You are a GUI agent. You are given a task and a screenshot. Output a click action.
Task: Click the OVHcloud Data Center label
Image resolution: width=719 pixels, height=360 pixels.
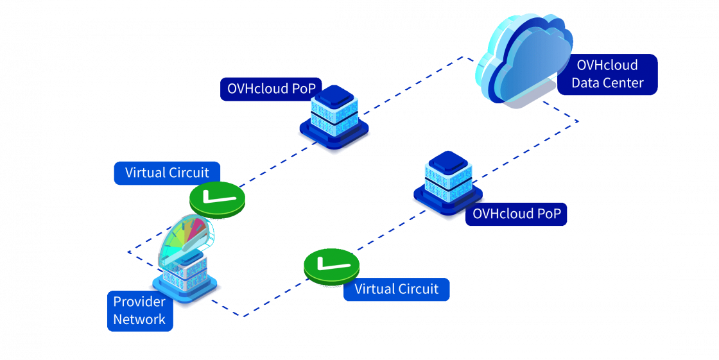pos(607,74)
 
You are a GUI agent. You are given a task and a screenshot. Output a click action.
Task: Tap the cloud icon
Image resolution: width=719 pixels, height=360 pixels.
pos(523,61)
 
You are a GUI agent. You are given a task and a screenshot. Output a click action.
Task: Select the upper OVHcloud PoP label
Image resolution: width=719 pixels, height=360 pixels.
pos(271,89)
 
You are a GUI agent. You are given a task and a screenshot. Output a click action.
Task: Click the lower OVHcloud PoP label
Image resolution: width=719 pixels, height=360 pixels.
pos(516,214)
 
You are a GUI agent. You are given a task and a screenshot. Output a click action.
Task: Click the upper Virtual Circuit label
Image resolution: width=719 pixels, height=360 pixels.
pos(167,173)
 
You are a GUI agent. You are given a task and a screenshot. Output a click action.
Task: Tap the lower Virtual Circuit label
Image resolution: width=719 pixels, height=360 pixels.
pos(396,289)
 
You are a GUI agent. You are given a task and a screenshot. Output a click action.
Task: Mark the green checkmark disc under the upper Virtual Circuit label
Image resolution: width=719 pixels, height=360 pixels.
pos(217,200)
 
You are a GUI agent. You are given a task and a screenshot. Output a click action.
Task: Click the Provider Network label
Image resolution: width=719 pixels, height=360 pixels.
pos(139,311)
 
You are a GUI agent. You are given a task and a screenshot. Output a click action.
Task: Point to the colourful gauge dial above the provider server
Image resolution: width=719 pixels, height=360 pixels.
pos(186,237)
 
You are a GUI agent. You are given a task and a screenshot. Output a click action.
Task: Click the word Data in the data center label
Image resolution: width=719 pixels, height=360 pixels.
pos(585,83)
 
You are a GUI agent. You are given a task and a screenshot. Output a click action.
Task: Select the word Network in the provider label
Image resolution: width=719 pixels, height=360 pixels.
pos(139,319)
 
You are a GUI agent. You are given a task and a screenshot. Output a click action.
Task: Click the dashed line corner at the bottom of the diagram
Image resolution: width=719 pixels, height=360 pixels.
pos(243,316)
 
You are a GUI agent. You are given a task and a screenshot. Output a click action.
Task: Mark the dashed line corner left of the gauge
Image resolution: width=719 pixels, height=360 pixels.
pos(128,252)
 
